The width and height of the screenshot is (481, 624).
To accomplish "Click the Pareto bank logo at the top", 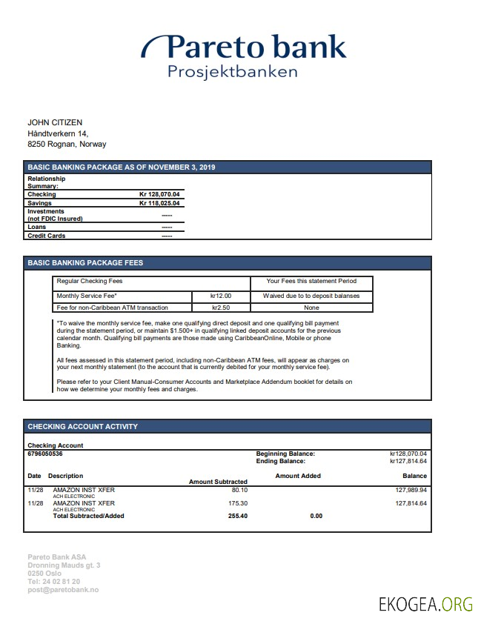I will tap(245, 47).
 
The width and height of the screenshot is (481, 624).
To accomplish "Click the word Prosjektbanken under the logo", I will tap(232, 72).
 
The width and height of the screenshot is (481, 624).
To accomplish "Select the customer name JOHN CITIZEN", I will tap(55, 122).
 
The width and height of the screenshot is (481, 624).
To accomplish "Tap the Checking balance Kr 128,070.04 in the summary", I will tap(159, 194).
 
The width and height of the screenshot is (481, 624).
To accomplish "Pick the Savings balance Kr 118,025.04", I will tap(159, 203).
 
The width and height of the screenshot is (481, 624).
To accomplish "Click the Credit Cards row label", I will tap(46, 236).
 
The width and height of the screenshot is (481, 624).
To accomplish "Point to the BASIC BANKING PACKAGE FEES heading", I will tap(85, 263).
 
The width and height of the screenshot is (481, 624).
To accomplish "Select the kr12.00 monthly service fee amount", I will tap(221, 296).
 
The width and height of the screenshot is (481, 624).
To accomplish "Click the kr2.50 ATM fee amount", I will tap(221, 307).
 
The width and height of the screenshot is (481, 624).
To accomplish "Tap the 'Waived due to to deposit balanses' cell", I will tap(311, 296).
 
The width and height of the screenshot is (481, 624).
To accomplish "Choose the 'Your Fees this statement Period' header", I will tap(311, 281).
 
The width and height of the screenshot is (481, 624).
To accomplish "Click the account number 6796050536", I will tap(45, 454).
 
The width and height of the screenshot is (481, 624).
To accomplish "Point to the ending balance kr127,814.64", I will tap(408, 461).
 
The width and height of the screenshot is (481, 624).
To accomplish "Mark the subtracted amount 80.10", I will tap(239, 490).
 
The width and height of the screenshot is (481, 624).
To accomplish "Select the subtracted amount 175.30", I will tap(238, 503).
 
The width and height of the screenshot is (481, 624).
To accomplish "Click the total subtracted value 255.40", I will tap(238, 516).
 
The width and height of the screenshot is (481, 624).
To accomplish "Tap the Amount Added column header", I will tap(298, 476).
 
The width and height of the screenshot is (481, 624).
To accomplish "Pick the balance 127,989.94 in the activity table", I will tap(411, 490).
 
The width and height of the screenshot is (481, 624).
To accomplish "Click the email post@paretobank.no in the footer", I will tap(63, 590).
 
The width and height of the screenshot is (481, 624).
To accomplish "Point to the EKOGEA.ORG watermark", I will tap(425, 604).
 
